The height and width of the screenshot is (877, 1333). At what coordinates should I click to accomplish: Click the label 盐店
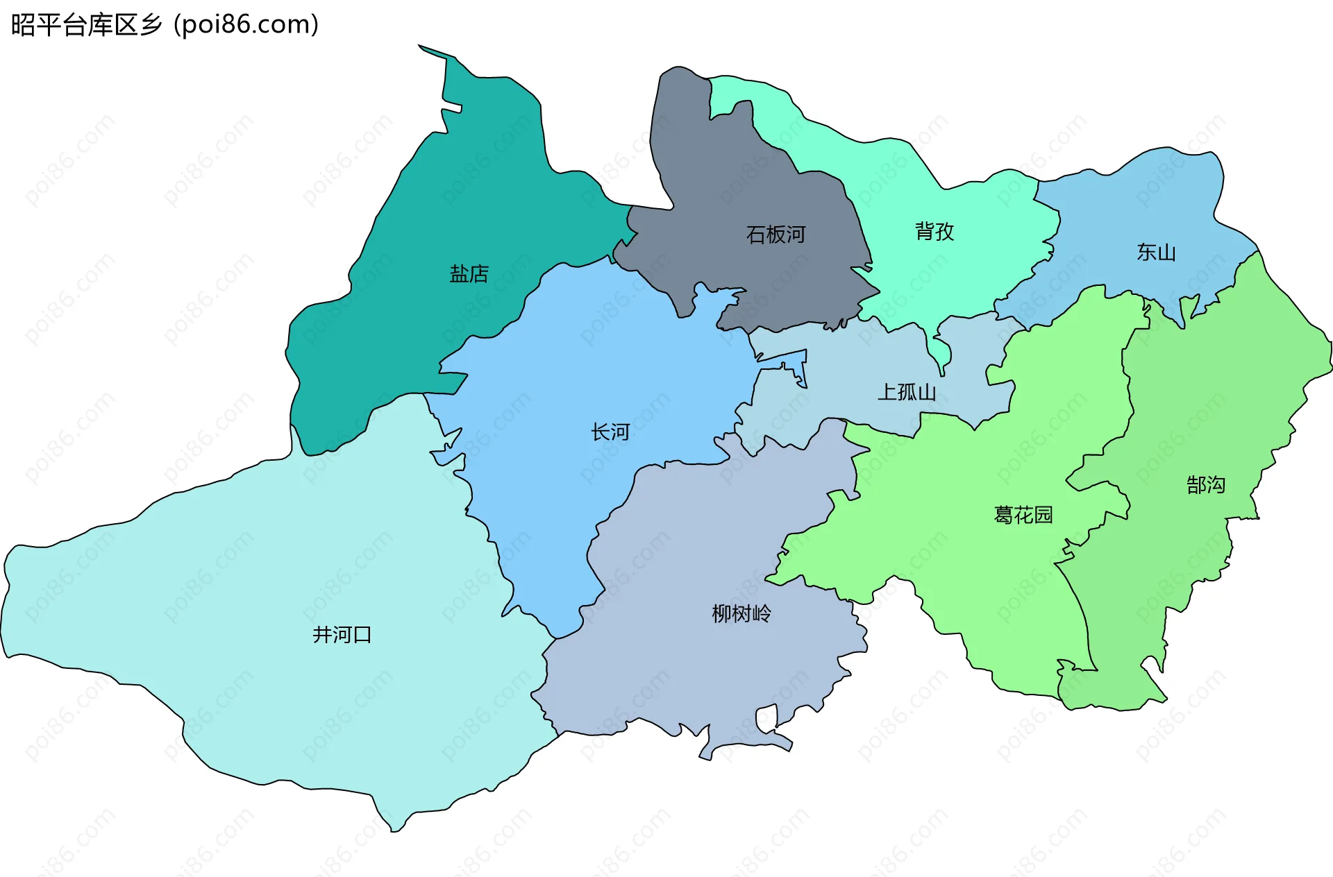[469, 274]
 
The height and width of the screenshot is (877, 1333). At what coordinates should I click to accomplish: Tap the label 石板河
[776, 235]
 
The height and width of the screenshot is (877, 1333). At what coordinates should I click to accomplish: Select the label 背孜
[934, 231]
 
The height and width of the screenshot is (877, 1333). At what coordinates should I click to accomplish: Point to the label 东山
[1156, 252]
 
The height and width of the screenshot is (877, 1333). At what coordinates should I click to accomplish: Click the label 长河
[610, 432]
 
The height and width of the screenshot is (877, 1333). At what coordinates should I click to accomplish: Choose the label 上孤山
[907, 392]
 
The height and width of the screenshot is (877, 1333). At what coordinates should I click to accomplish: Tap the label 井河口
[342, 634]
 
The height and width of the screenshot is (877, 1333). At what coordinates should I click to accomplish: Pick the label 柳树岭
[741, 613]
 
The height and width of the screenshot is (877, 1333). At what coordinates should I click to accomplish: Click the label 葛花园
[1023, 515]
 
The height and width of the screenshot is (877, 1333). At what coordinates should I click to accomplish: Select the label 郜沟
[1206, 484]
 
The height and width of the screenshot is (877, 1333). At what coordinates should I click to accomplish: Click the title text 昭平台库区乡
[87, 25]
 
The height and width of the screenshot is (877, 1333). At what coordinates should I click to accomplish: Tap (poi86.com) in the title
[246, 25]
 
